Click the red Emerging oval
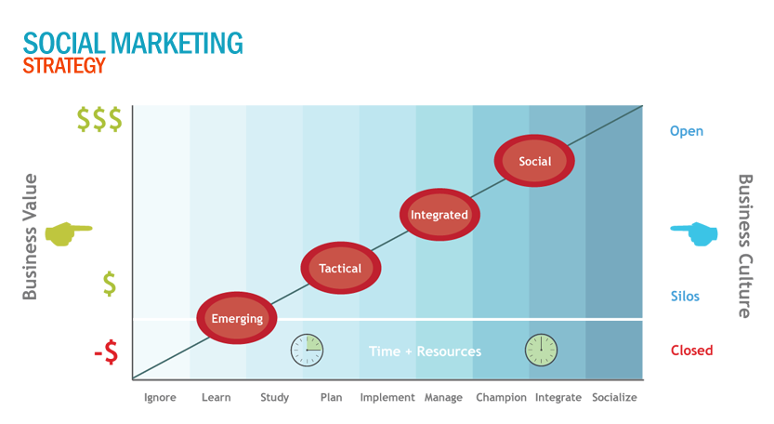click(x=237, y=318)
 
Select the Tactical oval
click(x=341, y=268)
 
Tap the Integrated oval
click(x=439, y=215)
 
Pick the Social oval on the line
click(x=534, y=161)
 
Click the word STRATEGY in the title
click(x=64, y=66)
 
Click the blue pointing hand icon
click(x=694, y=233)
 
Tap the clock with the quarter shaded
click(x=307, y=350)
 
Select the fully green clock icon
click(x=541, y=350)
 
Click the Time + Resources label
click(x=425, y=351)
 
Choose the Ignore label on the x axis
click(x=160, y=397)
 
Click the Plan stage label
click(x=331, y=397)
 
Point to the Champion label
click(x=501, y=397)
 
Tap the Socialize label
click(x=614, y=397)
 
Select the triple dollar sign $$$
click(x=99, y=119)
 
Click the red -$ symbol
click(x=106, y=351)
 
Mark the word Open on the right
click(x=687, y=131)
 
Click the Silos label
click(x=685, y=296)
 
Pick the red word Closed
click(x=691, y=351)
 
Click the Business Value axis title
click(x=30, y=237)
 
